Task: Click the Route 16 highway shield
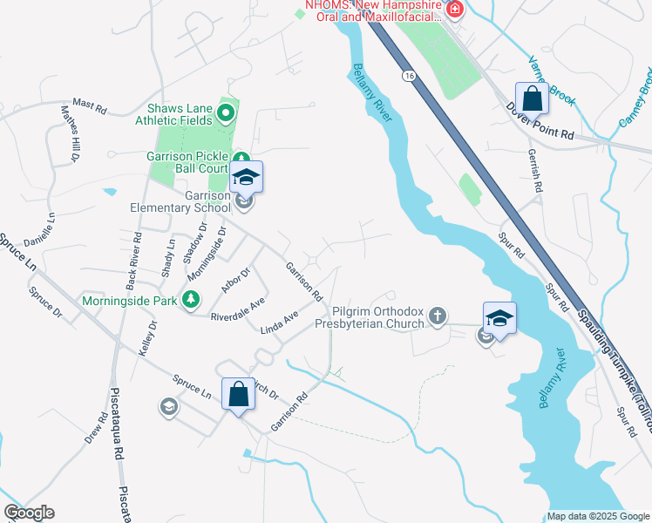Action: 409,77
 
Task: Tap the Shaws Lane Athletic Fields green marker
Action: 226,112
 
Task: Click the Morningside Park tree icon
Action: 189,301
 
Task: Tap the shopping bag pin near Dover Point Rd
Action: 532,98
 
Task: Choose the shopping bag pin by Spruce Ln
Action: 238,394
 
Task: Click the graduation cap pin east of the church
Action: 500,318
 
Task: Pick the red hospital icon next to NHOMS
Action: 454,10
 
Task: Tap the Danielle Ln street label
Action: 39,229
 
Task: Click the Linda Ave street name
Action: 280,322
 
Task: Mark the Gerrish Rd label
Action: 535,169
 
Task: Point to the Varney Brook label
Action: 552,81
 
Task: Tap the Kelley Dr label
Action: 146,338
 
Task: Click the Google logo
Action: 29,513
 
